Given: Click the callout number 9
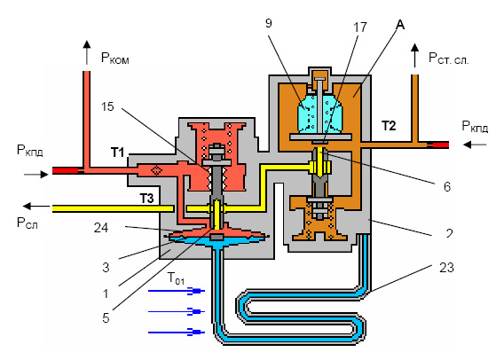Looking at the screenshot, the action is point(269,23).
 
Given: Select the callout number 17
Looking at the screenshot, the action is point(360,27).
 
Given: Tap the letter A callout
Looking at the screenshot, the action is point(400,24).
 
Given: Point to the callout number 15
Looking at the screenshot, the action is point(107,106).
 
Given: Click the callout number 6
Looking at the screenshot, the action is point(446,187).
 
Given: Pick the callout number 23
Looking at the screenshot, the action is point(446,268).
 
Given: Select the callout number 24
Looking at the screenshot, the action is point(101,228).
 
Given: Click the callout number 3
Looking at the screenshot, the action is point(106,268).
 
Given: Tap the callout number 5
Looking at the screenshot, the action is point(106,318).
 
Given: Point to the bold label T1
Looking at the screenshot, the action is point(117,153).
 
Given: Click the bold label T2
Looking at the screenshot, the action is point(389,126).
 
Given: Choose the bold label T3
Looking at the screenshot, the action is point(146,199).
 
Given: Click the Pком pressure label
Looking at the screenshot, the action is point(114,59).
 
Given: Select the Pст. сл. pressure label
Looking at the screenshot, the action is point(448,59).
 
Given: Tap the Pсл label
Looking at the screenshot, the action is point(28,223).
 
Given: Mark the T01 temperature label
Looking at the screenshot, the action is point(176,278).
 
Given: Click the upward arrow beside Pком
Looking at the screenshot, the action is point(86,52).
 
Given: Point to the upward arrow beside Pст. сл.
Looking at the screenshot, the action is point(414,56).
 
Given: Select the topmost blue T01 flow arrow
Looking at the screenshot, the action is point(177,291).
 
